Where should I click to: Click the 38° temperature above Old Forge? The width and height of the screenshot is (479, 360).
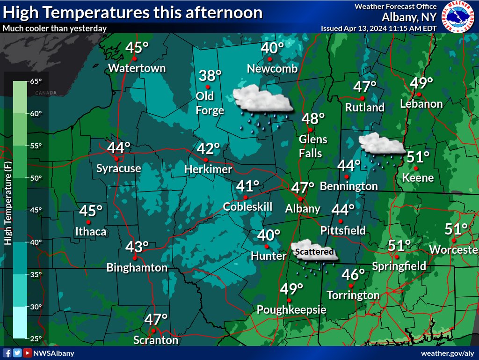pos(210,75)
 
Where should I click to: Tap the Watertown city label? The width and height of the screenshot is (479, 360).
pos(137,68)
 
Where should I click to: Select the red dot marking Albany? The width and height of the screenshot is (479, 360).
pos(300,199)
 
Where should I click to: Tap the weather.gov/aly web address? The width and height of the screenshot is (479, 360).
pos(448,353)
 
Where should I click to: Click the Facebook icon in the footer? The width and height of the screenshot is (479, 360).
pos(7,353)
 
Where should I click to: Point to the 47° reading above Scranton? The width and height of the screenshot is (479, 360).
pos(156,320)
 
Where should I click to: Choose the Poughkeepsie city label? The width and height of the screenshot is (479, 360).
pos(291,310)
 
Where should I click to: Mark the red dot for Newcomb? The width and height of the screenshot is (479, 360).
pos(270,59)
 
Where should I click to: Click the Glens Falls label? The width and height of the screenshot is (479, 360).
pos(313,146)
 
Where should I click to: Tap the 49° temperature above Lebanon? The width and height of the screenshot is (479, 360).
pos(421,83)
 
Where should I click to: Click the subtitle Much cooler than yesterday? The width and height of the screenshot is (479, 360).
pos(55,28)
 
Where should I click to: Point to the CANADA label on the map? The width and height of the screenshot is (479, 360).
pos(45,93)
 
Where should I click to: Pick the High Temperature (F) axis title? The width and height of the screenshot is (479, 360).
pos(8,204)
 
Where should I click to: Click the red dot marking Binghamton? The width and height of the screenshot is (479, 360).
pos(135,258)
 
